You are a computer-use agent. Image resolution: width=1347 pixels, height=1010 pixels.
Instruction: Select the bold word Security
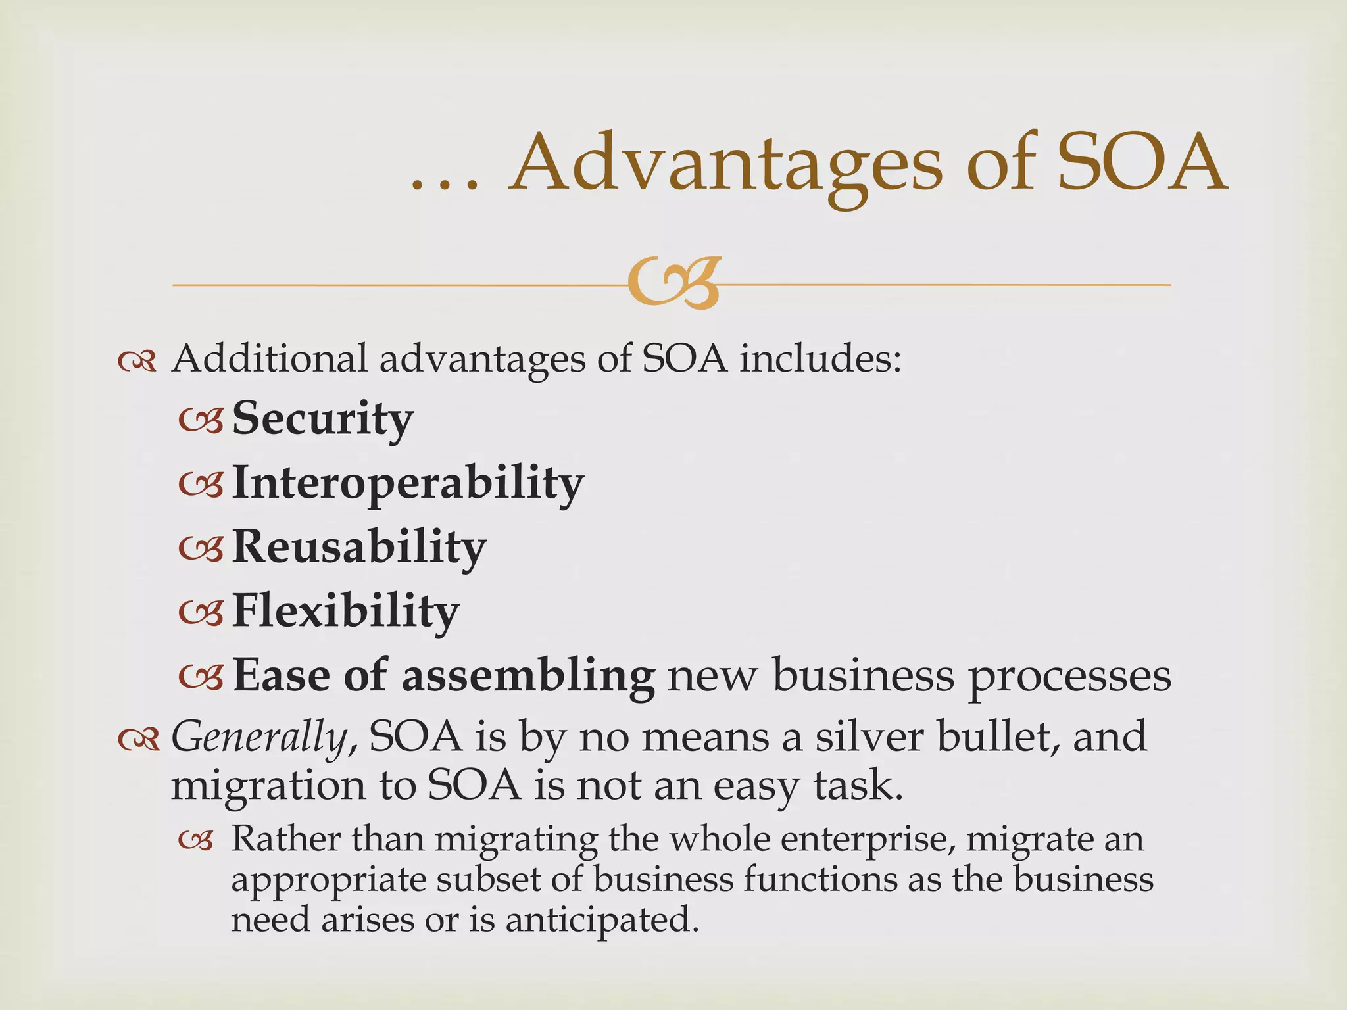[322, 419]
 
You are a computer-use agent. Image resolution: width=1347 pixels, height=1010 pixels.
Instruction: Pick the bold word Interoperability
[407, 483]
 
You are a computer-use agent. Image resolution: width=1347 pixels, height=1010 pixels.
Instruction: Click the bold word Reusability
[359, 547]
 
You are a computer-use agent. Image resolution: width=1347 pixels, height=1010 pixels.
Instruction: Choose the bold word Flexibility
[345, 611]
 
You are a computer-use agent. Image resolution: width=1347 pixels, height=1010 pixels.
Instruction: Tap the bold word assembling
[527, 676]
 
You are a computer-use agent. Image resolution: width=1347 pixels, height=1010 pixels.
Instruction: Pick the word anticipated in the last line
[601, 919]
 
